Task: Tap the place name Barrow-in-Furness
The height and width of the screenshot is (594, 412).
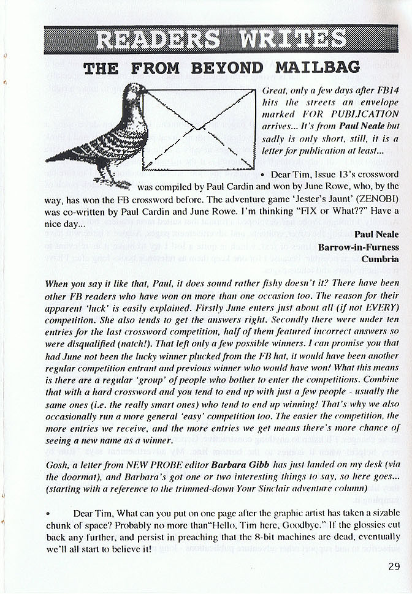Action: [359, 247]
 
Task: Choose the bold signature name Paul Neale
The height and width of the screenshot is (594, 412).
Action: [376, 235]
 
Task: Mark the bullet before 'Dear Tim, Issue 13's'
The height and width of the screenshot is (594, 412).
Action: [262, 175]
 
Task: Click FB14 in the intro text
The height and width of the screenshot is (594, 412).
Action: [386, 91]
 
